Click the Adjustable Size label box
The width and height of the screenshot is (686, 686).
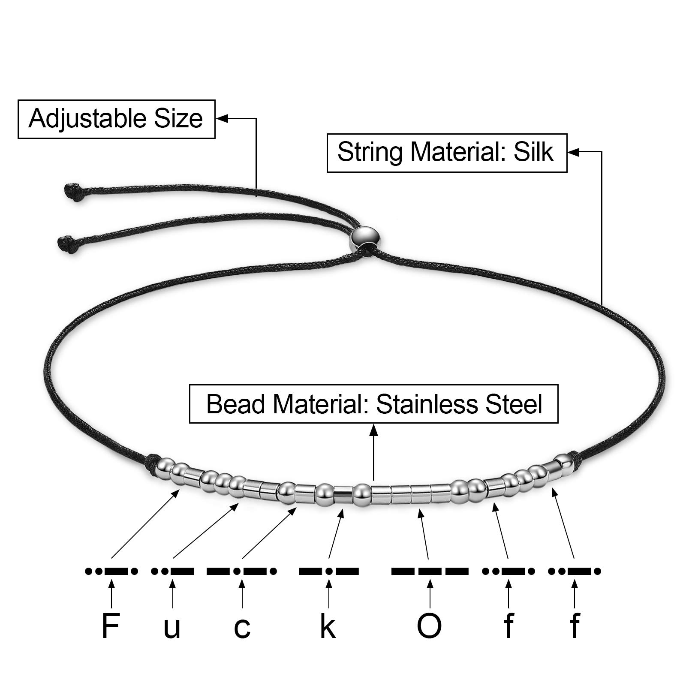click(116, 119)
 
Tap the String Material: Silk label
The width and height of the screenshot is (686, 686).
click(447, 153)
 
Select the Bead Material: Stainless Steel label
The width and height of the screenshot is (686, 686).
click(374, 404)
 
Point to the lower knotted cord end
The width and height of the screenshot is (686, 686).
click(66, 242)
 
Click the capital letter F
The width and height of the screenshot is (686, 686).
click(110, 626)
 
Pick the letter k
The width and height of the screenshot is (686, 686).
click(328, 626)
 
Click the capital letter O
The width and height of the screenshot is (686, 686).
click(429, 626)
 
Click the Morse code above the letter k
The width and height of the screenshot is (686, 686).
click(329, 571)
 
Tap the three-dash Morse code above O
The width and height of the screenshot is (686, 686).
click(430, 571)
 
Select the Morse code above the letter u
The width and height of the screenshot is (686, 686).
click(172, 571)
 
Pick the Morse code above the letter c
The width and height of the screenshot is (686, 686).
click(242, 571)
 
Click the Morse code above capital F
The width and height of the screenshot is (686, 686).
click(111, 571)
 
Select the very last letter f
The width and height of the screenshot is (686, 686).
click(575, 626)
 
